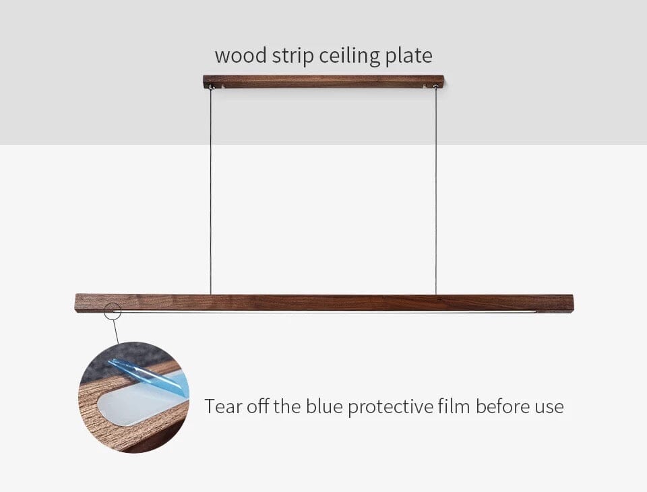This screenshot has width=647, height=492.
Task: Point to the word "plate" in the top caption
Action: pyautogui.click(x=408, y=56)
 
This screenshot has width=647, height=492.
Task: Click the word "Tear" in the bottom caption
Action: pyautogui.click(x=221, y=407)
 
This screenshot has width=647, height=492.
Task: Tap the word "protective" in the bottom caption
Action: pyautogui.click(x=390, y=408)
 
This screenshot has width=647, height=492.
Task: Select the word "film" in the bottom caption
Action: pyautogui.click(x=455, y=407)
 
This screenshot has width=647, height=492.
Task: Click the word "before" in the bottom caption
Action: pyautogui.click(x=502, y=407)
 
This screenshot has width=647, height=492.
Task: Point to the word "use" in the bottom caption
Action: pyautogui.click(x=549, y=408)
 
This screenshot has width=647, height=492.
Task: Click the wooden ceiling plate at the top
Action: pyautogui.click(x=323, y=82)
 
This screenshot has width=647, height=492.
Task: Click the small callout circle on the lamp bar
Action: pyautogui.click(x=113, y=311)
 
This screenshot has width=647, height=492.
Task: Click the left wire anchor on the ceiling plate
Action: pyautogui.click(x=212, y=87)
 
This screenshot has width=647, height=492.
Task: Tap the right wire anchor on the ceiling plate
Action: pyautogui.click(x=435, y=87)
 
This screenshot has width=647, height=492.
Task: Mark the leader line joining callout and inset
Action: pyautogui.click(x=117, y=332)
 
